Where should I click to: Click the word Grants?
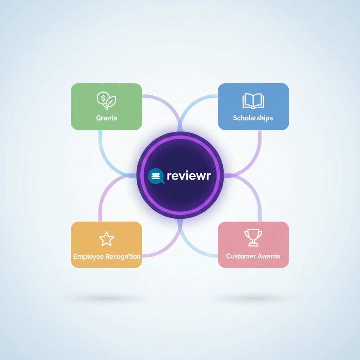tap(107, 118)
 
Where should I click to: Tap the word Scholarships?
tap(253, 118)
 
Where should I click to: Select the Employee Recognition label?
tap(107, 256)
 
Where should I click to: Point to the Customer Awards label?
tap(253, 256)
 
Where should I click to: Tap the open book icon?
tap(253, 101)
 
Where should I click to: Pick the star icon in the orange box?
tap(107, 239)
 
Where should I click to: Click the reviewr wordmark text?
tap(189, 176)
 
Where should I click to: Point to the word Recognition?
tap(123, 256)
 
